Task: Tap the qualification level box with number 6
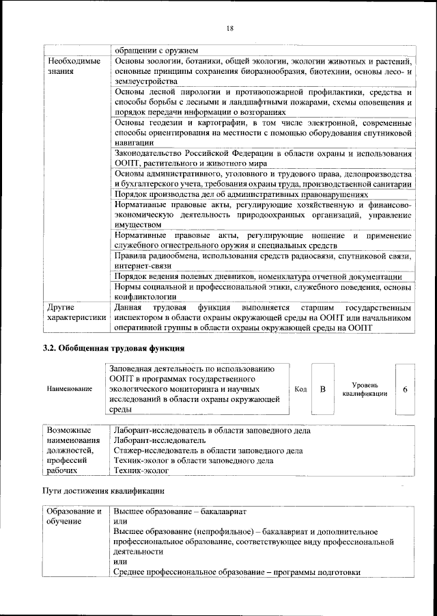click(x=406, y=389)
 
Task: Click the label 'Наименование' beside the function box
click(x=70, y=389)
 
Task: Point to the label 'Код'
click(x=300, y=389)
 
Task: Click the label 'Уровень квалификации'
click(x=365, y=389)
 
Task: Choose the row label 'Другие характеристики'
click(x=75, y=312)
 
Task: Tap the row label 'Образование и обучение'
click(x=74, y=516)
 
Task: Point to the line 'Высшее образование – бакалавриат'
click(x=180, y=511)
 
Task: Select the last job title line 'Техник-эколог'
click(x=139, y=471)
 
